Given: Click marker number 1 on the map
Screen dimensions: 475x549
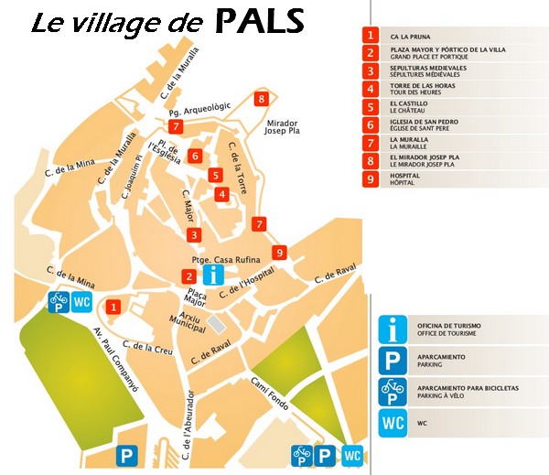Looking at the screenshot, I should [113, 308].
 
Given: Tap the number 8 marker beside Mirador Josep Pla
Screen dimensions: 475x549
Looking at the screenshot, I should [262, 99].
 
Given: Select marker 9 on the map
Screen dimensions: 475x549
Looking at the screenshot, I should [280, 253].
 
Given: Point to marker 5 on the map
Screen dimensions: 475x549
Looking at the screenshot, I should [215, 175].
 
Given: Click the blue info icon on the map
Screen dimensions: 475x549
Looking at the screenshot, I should [213, 274].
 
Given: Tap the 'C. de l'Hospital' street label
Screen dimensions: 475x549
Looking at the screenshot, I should [246, 287].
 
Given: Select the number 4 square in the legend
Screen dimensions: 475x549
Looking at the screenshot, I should [370, 89].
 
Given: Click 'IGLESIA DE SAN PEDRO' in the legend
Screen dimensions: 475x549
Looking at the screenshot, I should [424, 122].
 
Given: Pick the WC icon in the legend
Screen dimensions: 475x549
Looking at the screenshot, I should [392, 424].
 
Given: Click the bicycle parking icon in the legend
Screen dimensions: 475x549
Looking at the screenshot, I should [392, 391].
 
